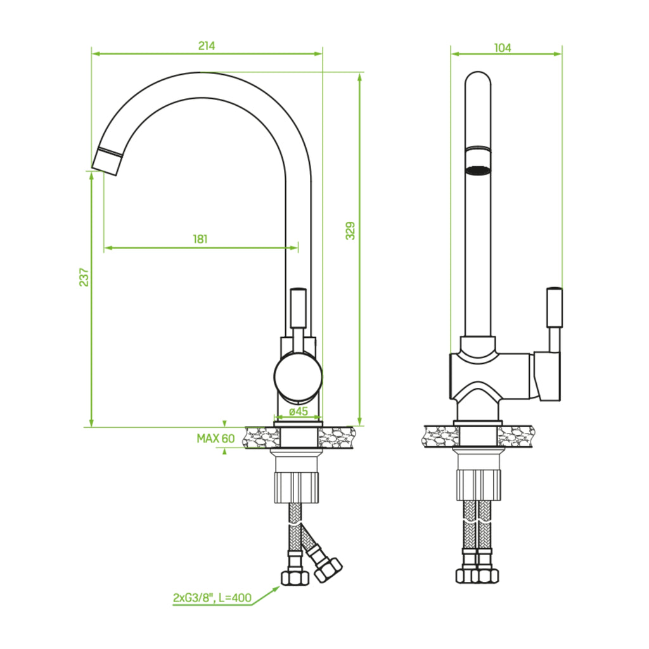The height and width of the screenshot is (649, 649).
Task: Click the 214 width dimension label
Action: pos(207,46)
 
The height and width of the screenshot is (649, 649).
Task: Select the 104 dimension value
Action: pos(503,48)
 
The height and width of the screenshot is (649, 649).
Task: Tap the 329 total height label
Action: pos(350,231)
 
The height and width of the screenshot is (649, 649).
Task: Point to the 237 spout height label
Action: pos(84,277)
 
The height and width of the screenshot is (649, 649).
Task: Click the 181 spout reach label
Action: pos(200,239)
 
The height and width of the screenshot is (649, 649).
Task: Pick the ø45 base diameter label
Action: pos(299,411)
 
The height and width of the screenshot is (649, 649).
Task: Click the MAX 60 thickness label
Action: pos(215,439)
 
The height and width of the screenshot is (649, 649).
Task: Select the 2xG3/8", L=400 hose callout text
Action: pos(212,598)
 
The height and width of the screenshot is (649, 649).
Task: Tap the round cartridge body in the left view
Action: pos(298,376)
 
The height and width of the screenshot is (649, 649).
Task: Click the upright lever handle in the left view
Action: pos(299,309)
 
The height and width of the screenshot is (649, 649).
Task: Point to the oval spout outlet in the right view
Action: pos(478,170)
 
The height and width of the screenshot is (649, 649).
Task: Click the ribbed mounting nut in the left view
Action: pos(297,487)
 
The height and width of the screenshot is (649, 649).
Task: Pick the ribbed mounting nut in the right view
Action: pos(479,485)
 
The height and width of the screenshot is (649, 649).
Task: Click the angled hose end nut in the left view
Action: pos(328,570)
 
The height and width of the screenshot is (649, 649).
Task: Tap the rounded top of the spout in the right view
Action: pos(478,79)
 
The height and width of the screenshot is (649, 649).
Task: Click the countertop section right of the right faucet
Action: pos(516,436)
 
